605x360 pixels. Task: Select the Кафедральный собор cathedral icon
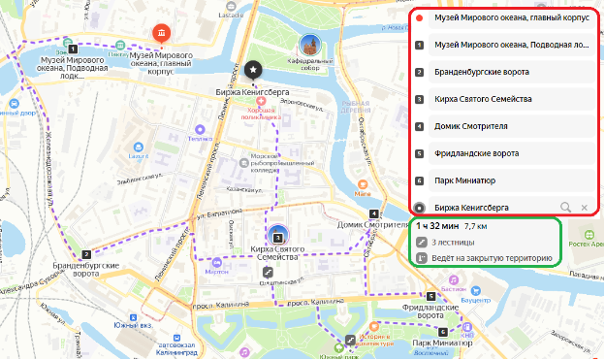310,45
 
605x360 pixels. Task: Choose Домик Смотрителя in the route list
466,125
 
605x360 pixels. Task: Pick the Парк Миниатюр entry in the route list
465,180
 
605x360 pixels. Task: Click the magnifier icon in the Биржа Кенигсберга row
566,207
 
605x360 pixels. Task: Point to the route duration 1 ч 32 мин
437,226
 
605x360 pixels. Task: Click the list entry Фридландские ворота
478,152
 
